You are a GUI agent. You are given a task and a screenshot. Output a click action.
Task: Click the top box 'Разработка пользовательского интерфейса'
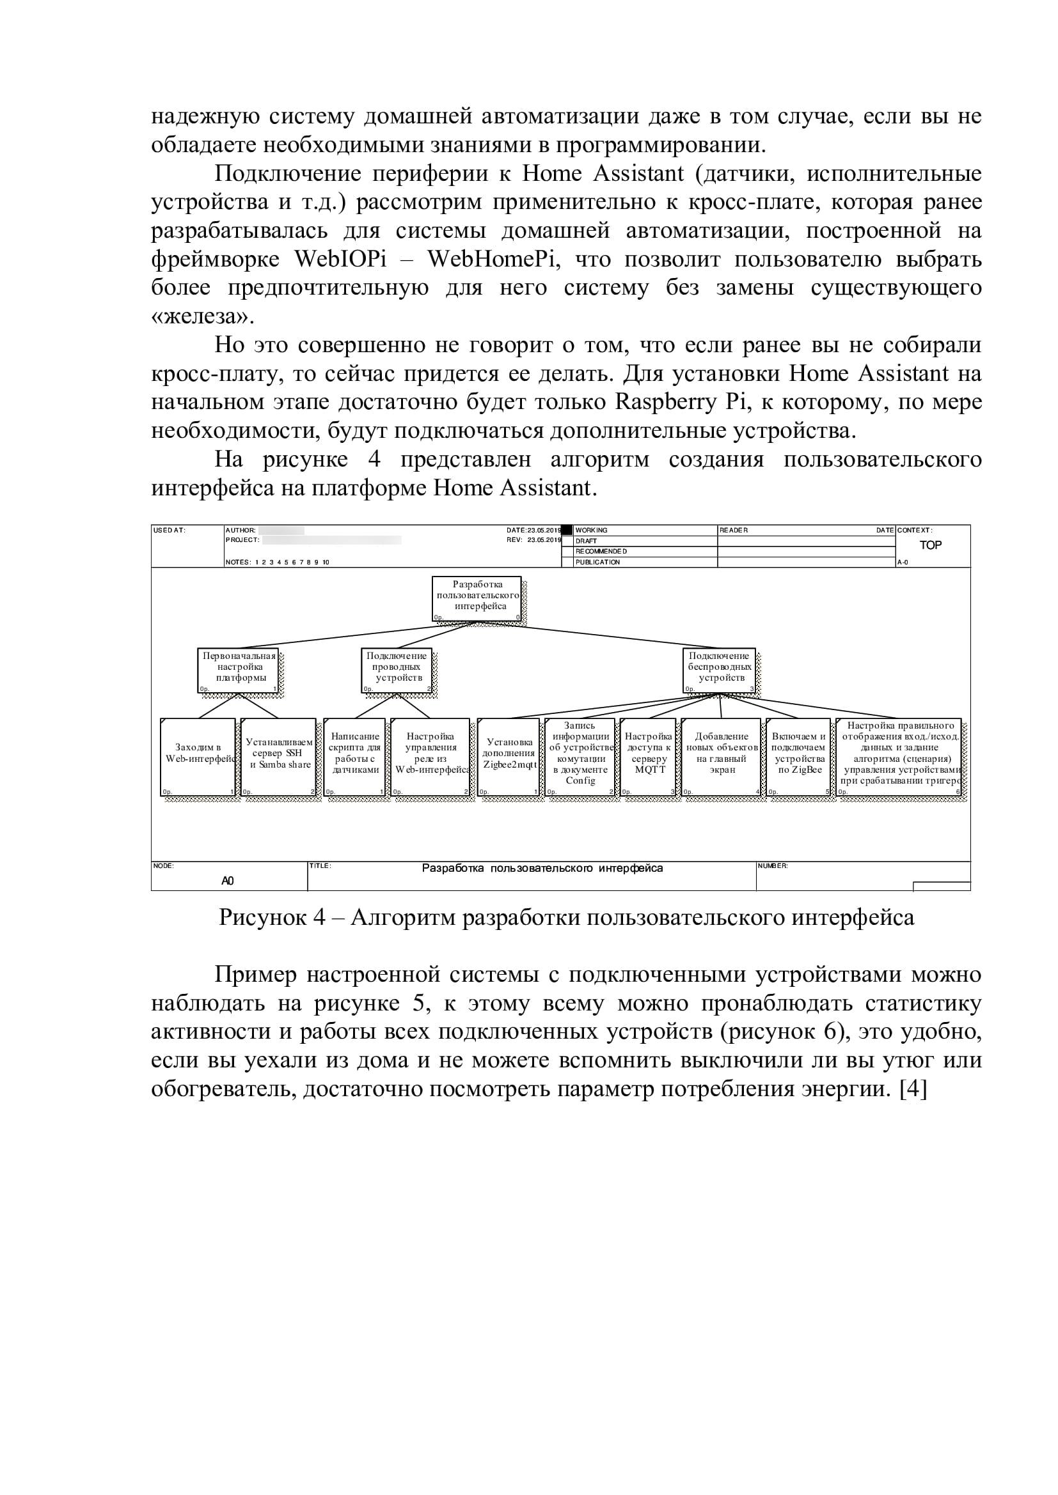(477, 598)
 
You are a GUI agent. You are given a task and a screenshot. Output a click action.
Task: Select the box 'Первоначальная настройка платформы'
(239, 669)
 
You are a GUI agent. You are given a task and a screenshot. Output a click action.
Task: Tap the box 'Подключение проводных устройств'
(397, 669)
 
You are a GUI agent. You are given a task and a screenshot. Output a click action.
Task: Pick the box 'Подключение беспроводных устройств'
(719, 669)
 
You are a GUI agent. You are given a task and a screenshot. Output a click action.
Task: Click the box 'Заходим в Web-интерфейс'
(198, 756)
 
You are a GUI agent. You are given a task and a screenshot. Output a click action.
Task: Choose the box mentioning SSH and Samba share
(279, 756)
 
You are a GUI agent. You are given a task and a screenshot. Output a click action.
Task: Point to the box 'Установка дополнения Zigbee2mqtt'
(508, 756)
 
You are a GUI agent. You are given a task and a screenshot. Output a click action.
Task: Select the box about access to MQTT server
(648, 756)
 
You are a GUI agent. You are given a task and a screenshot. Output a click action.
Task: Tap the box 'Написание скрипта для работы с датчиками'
(354, 756)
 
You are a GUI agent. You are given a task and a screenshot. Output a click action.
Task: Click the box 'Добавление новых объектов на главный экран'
(721, 756)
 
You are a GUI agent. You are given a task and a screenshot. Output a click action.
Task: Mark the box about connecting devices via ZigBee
(798, 756)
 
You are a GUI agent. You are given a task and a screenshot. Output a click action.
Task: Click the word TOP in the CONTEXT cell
(929, 545)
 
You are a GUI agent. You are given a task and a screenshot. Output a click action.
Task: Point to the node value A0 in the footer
(227, 880)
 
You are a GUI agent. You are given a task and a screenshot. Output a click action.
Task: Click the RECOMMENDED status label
(601, 552)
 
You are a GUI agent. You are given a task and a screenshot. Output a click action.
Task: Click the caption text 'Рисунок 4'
(272, 917)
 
